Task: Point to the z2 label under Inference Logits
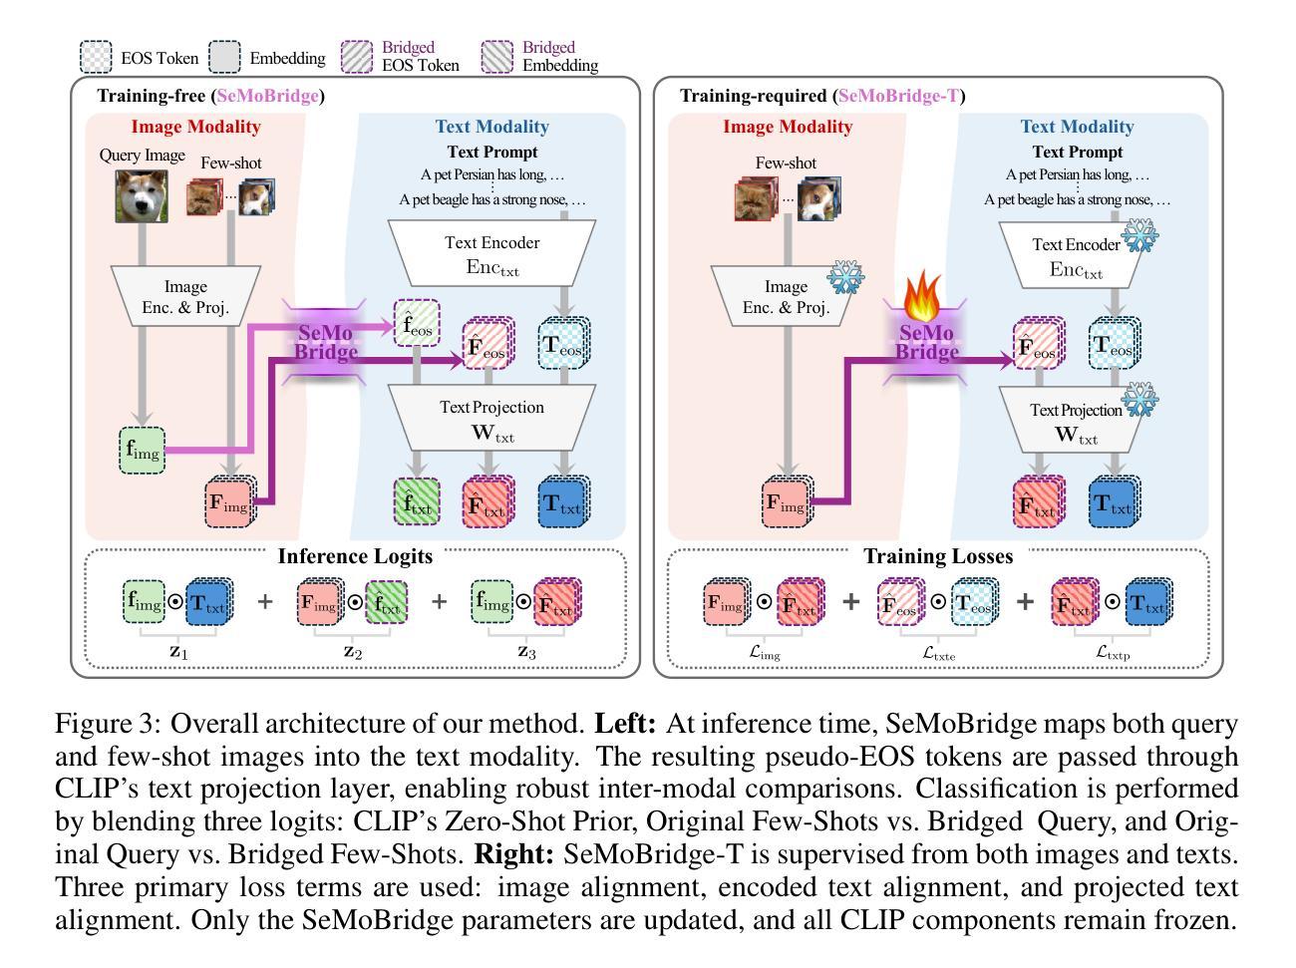pos(354,651)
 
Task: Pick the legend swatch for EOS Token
pos(96,57)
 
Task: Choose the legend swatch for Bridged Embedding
pos(497,57)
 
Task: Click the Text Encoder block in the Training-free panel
pos(491,255)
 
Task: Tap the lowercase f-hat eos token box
pos(417,323)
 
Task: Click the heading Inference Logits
pos(355,556)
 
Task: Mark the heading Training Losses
pos(937,556)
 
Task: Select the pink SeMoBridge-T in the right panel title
pos(898,96)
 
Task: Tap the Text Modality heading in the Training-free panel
pos(491,127)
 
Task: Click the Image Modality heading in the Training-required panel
pos(788,127)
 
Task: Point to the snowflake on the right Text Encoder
pos(1140,236)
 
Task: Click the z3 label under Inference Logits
pos(525,651)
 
